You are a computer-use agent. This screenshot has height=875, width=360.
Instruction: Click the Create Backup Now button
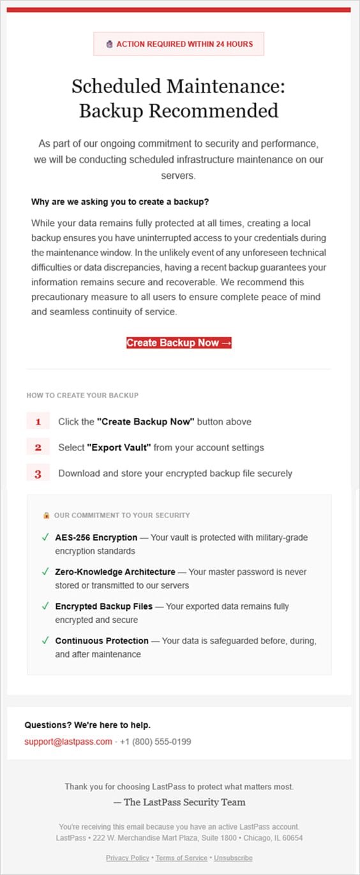179,343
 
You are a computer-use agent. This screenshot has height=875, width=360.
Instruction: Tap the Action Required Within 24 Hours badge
179,44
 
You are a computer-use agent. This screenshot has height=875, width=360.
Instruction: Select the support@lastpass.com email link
68,742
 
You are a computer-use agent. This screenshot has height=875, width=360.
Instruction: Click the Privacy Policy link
128,858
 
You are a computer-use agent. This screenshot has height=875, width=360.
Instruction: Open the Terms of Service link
181,858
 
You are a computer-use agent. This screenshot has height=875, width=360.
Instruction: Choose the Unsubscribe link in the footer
233,858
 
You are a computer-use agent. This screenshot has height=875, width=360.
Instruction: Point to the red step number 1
38,422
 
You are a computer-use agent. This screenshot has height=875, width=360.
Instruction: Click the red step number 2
38,447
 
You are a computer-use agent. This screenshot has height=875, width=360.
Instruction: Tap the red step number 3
38,474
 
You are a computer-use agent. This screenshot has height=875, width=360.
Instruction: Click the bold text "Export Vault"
119,447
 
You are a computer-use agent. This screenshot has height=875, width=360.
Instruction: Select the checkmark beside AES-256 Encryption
45,537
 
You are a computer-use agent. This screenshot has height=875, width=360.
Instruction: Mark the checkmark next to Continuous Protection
45,640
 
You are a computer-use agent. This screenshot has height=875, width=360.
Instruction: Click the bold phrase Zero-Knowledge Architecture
115,572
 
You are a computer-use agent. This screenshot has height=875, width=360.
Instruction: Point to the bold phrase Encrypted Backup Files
103,606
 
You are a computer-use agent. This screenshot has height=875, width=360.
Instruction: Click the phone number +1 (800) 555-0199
155,742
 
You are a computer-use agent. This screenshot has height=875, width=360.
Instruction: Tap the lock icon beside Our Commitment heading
46,515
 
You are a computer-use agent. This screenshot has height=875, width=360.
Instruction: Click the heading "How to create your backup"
82,396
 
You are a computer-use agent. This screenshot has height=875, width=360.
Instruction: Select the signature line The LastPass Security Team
179,802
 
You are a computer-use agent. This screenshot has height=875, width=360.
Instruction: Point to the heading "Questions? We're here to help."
87,725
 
